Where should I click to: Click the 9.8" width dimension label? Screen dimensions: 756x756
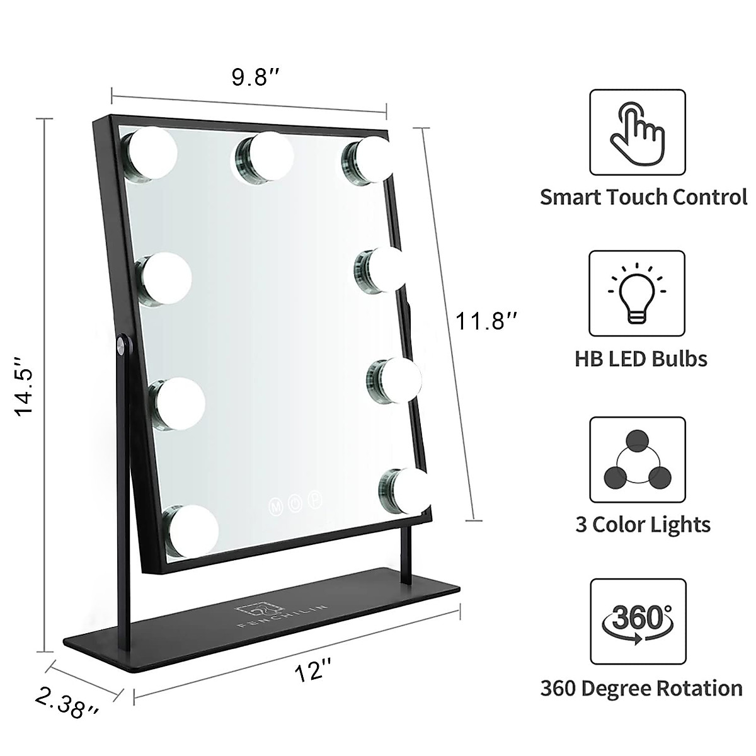(255, 78)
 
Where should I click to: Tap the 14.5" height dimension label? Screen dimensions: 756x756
(26, 386)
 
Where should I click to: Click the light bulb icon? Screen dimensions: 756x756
(637, 294)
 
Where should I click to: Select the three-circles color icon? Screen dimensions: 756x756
(637, 459)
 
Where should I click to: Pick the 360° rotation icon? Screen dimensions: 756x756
(637, 621)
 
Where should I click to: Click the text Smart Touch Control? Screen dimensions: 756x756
(643, 197)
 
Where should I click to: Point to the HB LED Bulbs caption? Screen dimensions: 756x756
(641, 359)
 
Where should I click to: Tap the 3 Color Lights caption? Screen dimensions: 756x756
(643, 524)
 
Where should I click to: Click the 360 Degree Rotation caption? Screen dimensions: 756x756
(641, 688)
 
